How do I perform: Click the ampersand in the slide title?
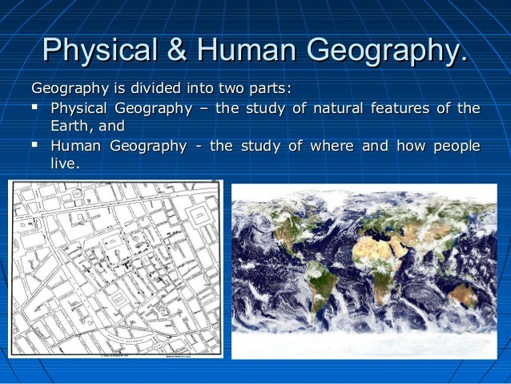(172, 51)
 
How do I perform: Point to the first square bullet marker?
(37, 108)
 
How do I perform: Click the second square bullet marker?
(37, 146)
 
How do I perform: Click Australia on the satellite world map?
(462, 293)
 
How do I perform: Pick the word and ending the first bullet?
(111, 127)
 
